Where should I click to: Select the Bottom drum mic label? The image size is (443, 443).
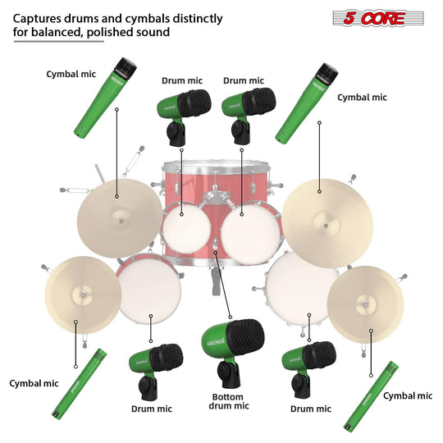tap(226, 400)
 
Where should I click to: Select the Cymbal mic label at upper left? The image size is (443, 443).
tap(71, 74)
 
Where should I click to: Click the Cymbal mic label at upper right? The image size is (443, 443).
tap(362, 97)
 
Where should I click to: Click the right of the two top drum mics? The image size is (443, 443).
tap(244, 112)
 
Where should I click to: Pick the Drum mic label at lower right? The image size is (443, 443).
tap(311, 408)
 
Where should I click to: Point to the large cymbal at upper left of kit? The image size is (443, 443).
tap(120, 218)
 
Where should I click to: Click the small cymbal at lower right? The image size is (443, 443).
tap(364, 304)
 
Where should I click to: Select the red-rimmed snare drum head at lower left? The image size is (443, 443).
tap(148, 292)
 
